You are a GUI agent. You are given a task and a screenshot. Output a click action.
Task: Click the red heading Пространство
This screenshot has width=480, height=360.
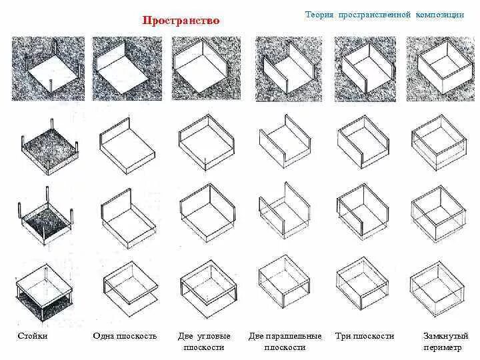(x=181, y=21)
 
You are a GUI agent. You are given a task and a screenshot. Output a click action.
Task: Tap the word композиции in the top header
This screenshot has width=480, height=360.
(x=440, y=15)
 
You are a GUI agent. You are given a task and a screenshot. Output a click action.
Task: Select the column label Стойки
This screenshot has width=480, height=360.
(x=33, y=336)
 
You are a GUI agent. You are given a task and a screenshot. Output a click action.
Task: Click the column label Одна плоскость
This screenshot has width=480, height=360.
(x=125, y=336)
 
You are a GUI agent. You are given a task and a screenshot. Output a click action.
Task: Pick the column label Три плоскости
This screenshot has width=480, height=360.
(x=365, y=336)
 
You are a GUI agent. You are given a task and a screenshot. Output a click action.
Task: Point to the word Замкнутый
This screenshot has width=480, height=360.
(x=446, y=336)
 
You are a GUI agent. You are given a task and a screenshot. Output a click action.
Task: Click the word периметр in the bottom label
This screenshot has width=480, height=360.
(x=442, y=347)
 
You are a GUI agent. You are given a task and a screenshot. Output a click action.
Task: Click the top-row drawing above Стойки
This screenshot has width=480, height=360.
(x=49, y=69)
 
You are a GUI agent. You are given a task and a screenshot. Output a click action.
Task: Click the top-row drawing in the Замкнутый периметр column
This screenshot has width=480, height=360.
(x=441, y=69)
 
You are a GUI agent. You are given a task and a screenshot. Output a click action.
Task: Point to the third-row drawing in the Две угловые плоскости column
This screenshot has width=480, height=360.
(x=207, y=212)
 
